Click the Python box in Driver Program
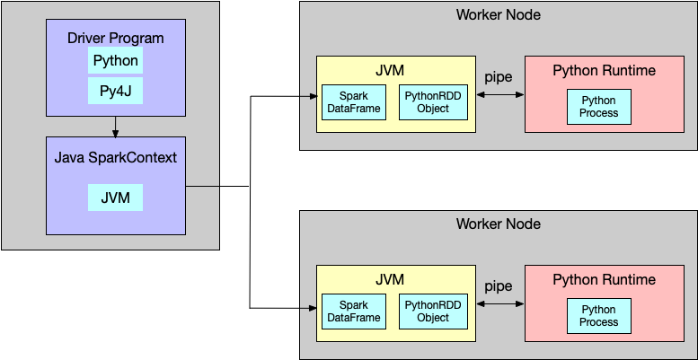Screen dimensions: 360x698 (x=115, y=61)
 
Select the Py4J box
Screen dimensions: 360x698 (x=115, y=91)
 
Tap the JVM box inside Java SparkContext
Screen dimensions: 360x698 (x=115, y=198)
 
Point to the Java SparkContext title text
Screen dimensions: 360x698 (x=115, y=158)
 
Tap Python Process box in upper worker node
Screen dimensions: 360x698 (x=599, y=107)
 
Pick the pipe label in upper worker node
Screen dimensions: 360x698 (x=499, y=77)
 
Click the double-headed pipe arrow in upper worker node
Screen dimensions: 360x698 (x=499, y=93)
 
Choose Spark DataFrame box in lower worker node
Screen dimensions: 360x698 (x=354, y=312)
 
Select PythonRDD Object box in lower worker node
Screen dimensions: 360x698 (x=433, y=312)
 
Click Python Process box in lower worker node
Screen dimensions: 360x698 (x=599, y=316)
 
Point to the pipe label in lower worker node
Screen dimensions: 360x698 (x=499, y=286)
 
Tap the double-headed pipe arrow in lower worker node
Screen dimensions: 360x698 (x=499, y=303)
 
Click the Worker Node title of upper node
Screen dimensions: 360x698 (x=499, y=14)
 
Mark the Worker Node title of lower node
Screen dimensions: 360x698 (x=499, y=224)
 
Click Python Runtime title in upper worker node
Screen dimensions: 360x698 (x=604, y=70)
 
